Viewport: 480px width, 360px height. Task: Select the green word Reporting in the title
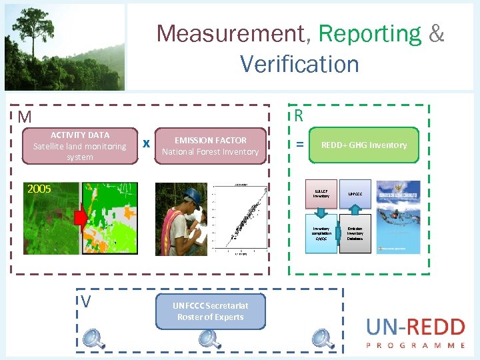pyautogui.click(x=369, y=33)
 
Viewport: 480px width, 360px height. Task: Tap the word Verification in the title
pyautogui.click(x=299, y=64)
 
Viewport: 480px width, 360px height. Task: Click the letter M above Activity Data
pyautogui.click(x=25, y=117)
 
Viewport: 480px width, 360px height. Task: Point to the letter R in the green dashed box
pyautogui.click(x=299, y=116)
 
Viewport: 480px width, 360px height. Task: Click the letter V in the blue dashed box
pyautogui.click(x=86, y=302)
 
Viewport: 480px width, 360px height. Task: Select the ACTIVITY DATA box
pyautogui.click(x=80, y=146)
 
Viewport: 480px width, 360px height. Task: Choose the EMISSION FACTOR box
pyautogui.click(x=210, y=146)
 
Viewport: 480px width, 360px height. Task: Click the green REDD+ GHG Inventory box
pyautogui.click(x=364, y=145)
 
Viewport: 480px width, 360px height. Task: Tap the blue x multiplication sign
pyautogui.click(x=146, y=143)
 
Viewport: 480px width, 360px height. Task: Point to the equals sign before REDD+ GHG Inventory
pyautogui.click(x=300, y=145)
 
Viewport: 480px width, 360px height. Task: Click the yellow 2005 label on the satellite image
pyautogui.click(x=39, y=189)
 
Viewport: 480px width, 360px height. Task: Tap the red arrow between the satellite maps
pyautogui.click(x=80, y=218)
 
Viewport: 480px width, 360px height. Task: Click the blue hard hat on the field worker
pyautogui.click(x=193, y=195)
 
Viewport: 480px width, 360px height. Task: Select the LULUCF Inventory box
pyautogui.click(x=321, y=194)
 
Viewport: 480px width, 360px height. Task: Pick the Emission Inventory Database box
pyautogui.click(x=355, y=233)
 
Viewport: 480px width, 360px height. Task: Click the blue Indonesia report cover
pyautogui.click(x=398, y=217)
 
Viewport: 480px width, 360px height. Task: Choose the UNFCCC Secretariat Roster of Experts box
pyautogui.click(x=211, y=311)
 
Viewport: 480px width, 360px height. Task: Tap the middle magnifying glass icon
pyautogui.click(x=211, y=339)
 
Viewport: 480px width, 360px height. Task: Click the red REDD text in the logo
pyautogui.click(x=433, y=327)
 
